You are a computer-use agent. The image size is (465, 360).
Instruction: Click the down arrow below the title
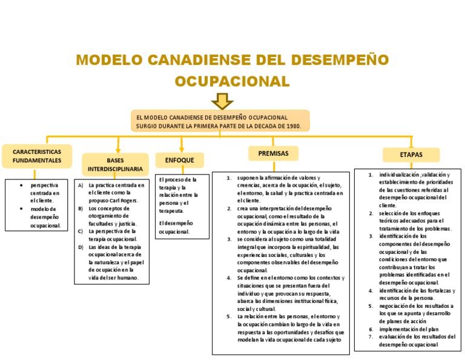(x=222, y=100)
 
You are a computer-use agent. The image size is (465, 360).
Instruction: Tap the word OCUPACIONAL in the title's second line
(x=232, y=81)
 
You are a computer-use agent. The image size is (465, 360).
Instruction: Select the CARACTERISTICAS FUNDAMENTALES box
(x=37, y=156)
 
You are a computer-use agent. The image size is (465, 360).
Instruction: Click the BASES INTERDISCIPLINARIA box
(x=115, y=164)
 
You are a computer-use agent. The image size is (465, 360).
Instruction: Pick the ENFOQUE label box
(x=175, y=160)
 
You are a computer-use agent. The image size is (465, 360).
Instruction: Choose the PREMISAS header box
(x=273, y=153)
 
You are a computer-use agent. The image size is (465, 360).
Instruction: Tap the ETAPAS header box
(x=411, y=155)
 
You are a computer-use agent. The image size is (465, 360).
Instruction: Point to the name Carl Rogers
(x=124, y=200)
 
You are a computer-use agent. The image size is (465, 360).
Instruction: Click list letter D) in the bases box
(x=81, y=247)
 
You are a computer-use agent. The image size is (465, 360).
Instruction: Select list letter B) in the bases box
(x=81, y=208)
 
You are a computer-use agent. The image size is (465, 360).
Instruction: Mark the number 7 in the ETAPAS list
(x=371, y=336)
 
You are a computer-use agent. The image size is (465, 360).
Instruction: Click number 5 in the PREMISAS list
(x=229, y=316)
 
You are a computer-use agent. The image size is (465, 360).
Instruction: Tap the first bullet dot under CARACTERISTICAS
(x=21, y=184)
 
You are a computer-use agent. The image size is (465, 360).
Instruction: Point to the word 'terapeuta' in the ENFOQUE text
(x=171, y=211)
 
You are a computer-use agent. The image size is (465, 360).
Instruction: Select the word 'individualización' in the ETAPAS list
(x=398, y=175)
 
